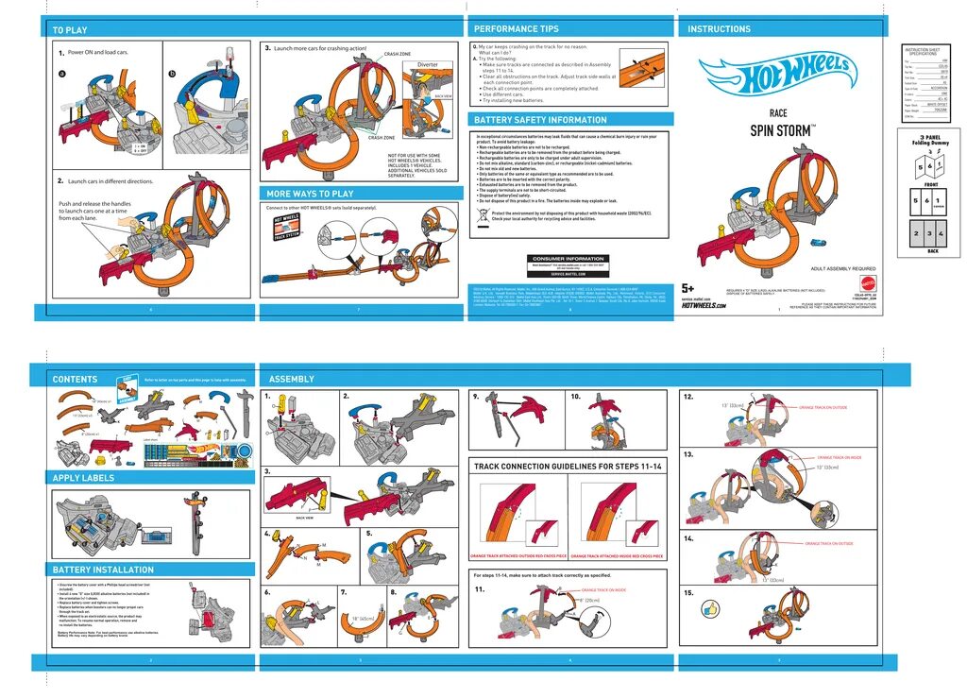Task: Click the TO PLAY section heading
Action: (70, 30)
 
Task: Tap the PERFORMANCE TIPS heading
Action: (516, 29)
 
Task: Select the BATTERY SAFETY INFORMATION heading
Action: (540, 120)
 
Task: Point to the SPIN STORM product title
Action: (783, 130)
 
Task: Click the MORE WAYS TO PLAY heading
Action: (310, 194)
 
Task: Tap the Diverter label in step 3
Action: (427, 65)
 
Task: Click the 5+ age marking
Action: (687, 288)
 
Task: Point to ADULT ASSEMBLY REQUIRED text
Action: (843, 268)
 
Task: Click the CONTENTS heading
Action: (75, 379)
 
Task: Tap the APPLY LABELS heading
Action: (83, 478)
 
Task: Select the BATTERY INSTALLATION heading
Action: (103, 570)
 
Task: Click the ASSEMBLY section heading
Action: (292, 379)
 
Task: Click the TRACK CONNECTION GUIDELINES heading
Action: (568, 467)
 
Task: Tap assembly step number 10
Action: (575, 397)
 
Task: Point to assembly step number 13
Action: (688, 454)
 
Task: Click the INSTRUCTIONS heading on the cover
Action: (720, 29)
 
